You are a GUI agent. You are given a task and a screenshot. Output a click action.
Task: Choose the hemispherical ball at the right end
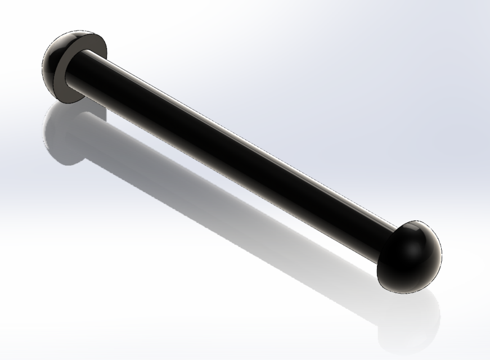(x=413, y=259)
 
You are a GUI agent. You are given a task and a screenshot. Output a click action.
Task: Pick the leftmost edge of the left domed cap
(x=43, y=67)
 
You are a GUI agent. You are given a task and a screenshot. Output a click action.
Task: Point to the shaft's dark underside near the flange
(x=113, y=93)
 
